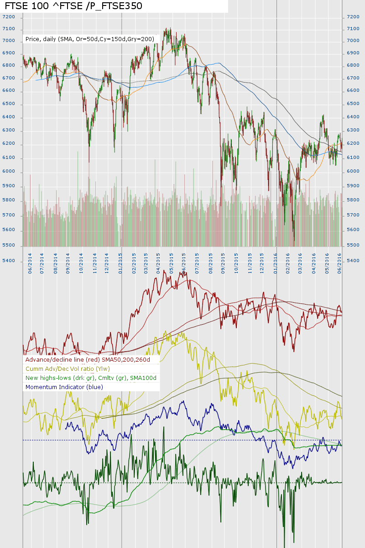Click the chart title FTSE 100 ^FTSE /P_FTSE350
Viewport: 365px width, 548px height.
point(73,6)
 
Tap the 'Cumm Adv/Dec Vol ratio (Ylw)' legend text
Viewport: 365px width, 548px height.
point(74,369)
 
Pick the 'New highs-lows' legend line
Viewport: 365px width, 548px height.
point(91,378)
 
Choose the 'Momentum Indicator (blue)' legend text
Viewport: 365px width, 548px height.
point(64,387)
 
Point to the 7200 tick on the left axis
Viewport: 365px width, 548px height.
point(9,17)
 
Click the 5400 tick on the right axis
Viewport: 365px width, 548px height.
point(353,261)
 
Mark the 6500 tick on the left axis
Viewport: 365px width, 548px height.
point(9,104)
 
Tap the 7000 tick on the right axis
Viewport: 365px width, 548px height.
point(353,41)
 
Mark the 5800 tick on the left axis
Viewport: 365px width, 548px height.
point(9,200)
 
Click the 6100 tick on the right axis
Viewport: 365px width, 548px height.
point(353,158)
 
